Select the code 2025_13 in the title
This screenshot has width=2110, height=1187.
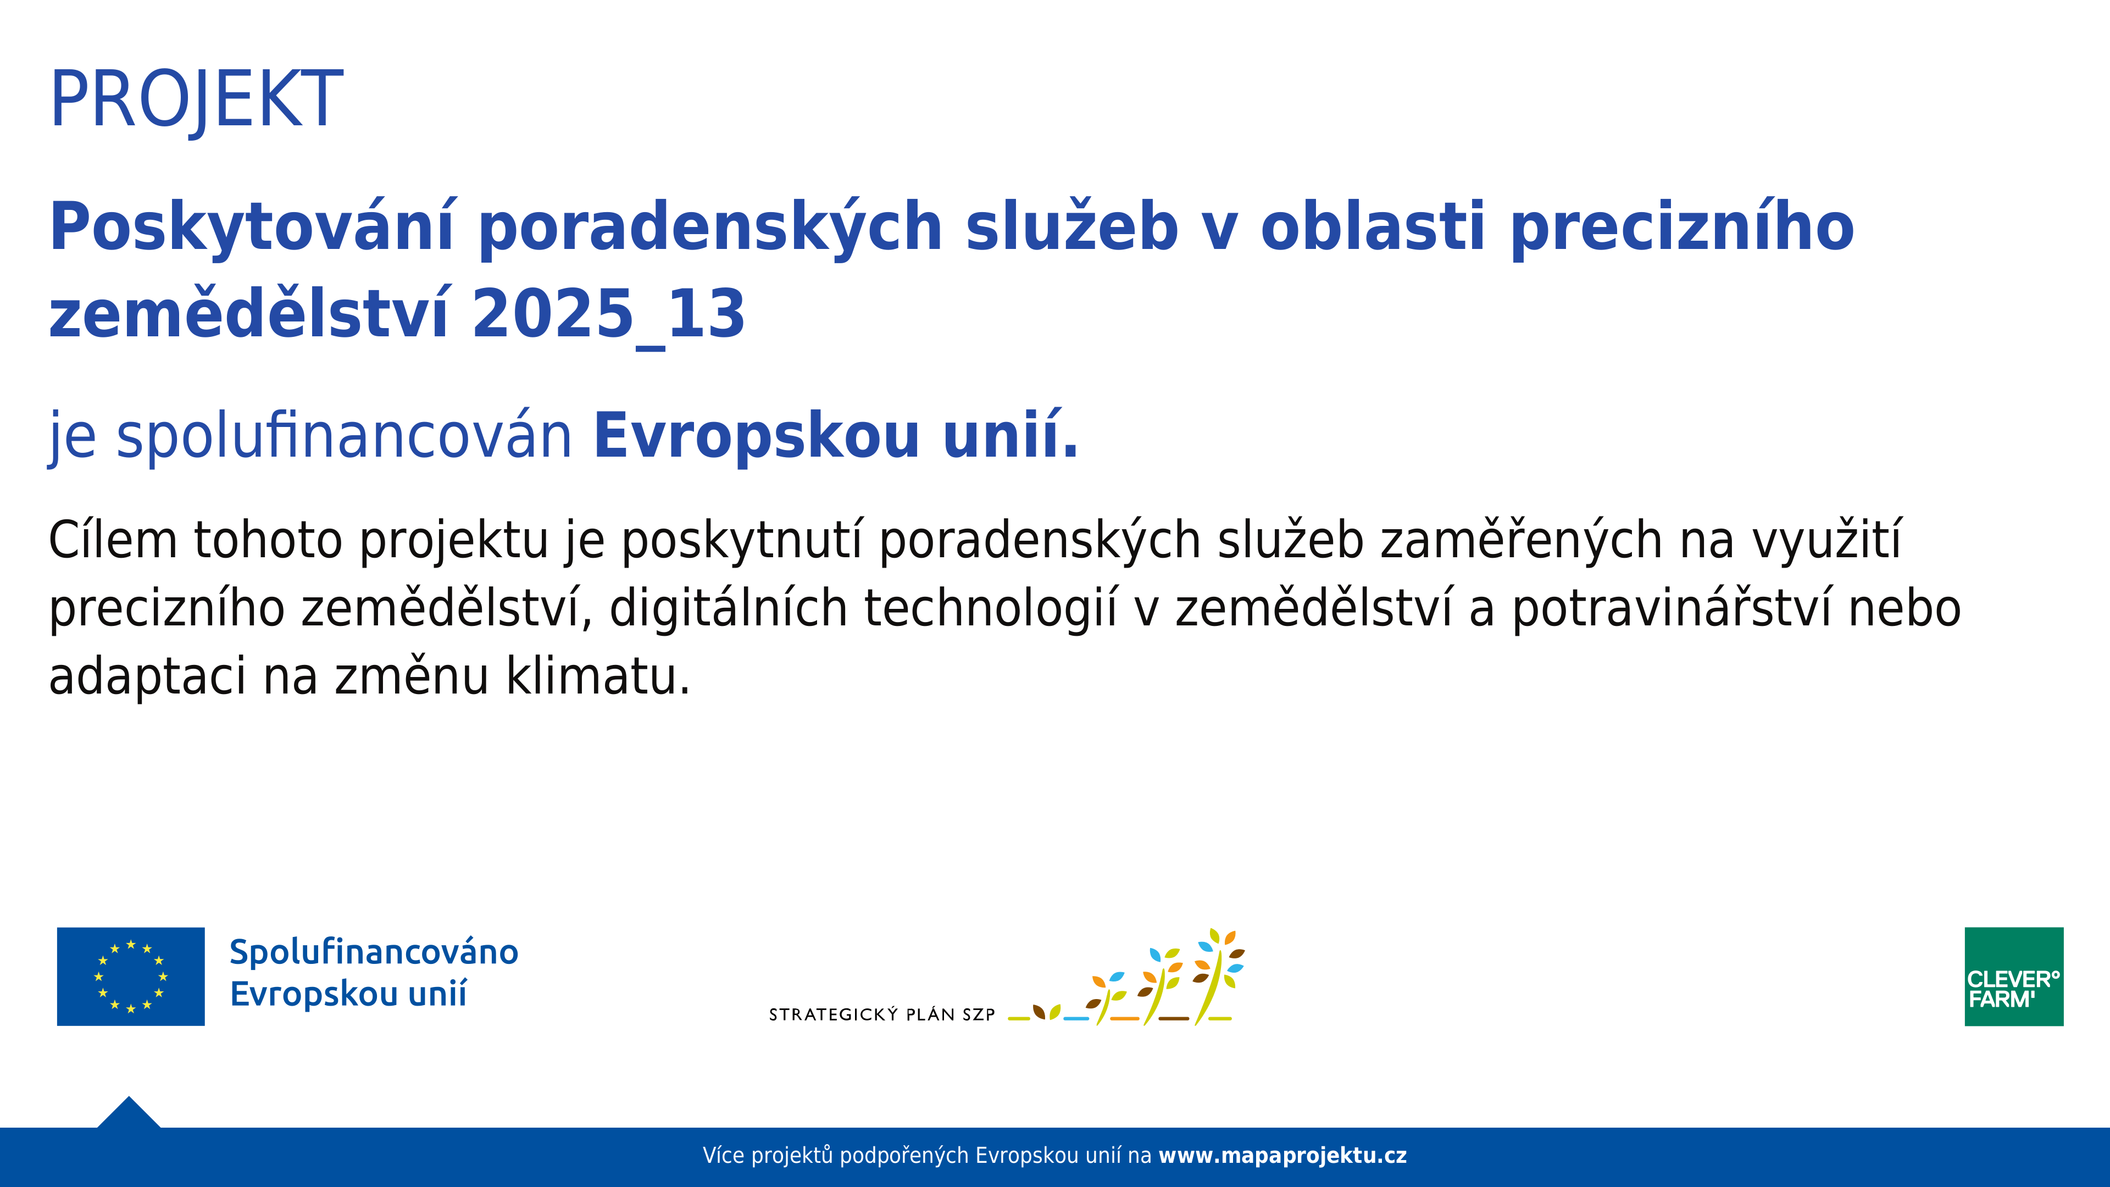(x=608, y=315)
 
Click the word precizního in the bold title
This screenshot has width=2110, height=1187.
(x=1681, y=228)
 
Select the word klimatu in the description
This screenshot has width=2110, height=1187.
(x=598, y=678)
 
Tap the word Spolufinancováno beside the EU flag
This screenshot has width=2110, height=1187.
(x=374, y=952)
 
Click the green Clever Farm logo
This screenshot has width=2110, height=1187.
(x=2013, y=977)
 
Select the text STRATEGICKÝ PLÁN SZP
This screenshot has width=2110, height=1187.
(x=881, y=1015)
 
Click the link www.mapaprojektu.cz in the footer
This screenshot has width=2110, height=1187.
(x=1282, y=1156)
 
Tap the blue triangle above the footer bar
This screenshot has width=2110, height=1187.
(x=129, y=1114)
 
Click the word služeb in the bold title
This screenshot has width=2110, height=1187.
(x=1071, y=228)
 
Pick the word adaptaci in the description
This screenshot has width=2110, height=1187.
(x=147, y=678)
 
